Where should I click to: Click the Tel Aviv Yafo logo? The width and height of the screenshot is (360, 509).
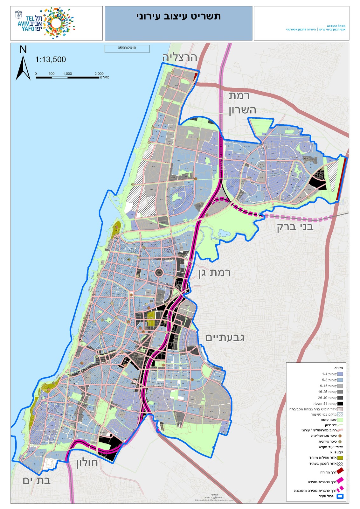[46, 23]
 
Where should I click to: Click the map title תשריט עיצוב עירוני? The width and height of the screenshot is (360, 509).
[178, 17]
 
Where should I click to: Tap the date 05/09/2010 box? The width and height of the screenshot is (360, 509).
[127, 48]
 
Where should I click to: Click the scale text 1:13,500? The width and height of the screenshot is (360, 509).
[51, 59]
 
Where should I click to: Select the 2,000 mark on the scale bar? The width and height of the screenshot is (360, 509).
[99, 74]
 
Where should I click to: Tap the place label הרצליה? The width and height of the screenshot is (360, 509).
[180, 57]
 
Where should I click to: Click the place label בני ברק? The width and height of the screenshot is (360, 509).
[295, 227]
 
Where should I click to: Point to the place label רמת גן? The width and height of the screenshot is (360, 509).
[215, 273]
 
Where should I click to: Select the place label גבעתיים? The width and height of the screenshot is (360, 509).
[225, 338]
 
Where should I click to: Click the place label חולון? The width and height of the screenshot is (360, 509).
[87, 463]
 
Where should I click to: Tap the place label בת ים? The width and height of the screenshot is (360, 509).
[37, 481]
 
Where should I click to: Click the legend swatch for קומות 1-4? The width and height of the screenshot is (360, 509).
[340, 374]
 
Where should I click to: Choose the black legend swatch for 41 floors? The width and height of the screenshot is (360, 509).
[340, 404]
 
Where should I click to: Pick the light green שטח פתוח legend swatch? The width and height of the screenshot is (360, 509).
[340, 420]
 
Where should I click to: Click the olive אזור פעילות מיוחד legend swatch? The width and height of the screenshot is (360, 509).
[340, 458]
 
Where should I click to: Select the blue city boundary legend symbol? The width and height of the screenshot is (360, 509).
[340, 496]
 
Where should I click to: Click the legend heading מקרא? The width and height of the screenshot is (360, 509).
[338, 368]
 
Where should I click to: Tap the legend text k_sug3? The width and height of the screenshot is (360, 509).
[336, 452]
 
